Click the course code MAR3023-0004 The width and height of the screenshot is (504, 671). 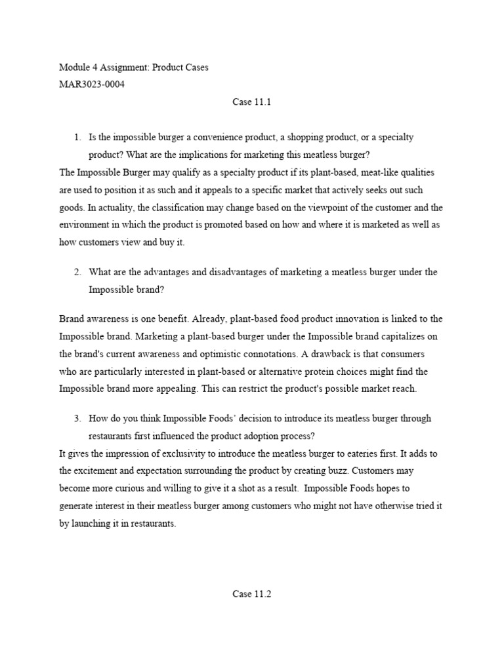click(91, 85)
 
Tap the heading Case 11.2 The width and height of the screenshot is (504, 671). click(252, 594)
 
